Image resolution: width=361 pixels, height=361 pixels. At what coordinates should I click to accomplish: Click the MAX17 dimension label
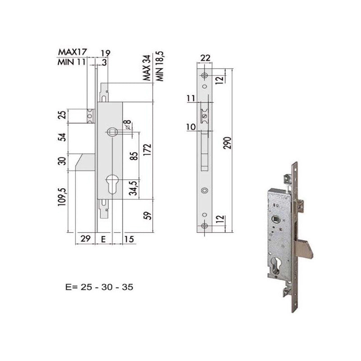pos(72,52)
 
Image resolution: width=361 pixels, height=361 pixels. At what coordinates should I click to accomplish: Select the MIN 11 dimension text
pos(72,62)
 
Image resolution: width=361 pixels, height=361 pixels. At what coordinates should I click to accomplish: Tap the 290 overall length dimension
pos(227,143)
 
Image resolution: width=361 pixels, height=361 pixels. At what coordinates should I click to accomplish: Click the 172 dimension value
pos(148,150)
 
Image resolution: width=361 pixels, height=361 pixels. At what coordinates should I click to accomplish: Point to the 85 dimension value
pos(134,156)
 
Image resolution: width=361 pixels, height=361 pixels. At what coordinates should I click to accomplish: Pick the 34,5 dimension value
pos(134,188)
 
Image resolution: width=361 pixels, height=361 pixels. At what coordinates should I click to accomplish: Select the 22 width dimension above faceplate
pos(205,58)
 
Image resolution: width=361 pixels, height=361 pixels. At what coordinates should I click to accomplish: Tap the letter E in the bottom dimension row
pos(103,240)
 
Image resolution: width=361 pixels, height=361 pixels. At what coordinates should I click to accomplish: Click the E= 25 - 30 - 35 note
pos(99,287)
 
